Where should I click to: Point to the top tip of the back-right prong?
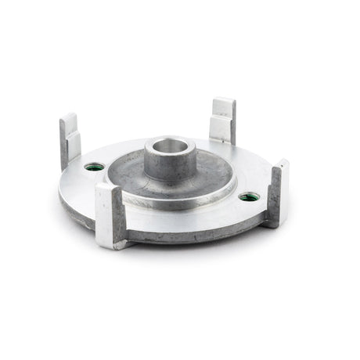(x=224, y=103)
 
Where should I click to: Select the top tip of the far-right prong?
(x=281, y=164)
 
